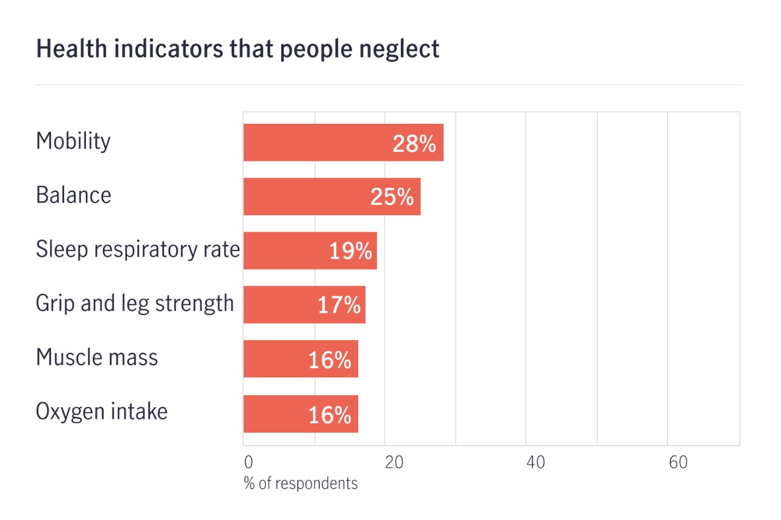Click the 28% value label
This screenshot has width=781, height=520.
414,144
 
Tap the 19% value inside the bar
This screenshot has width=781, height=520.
350,251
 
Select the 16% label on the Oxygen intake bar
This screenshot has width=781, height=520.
329,415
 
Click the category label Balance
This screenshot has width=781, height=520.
73,196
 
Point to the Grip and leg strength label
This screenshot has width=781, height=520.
135,304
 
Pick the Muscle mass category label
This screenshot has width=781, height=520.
97,357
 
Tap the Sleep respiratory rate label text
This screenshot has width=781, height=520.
138,249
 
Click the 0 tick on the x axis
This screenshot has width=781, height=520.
248,463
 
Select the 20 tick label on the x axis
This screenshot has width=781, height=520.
394,463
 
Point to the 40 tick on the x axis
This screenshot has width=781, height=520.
535,463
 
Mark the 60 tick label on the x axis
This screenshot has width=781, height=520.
678,463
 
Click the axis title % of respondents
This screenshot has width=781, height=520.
301,483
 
